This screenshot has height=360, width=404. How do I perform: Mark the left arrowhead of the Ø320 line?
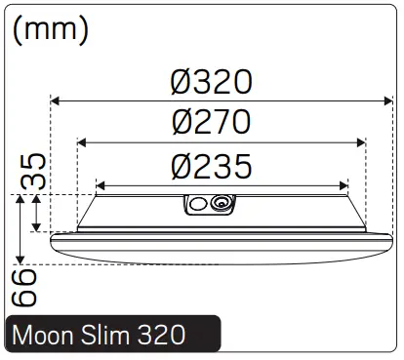point(55,100)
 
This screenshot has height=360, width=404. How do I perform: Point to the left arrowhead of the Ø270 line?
point(81,142)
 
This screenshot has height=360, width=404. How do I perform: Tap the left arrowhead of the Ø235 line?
point(99,183)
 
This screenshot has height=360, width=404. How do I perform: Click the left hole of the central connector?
point(197,204)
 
